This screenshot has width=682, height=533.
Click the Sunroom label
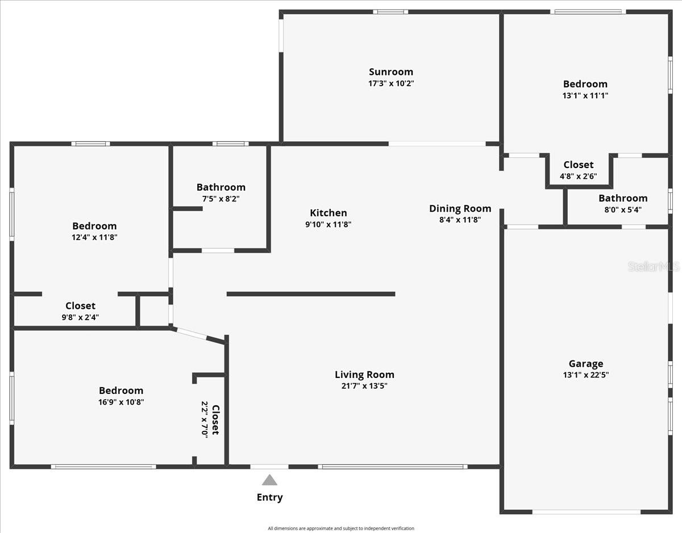(x=391, y=72)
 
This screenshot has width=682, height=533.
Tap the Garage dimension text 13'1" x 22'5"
(x=586, y=375)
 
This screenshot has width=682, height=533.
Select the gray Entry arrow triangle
(x=269, y=480)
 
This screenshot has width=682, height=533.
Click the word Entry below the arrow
(x=269, y=498)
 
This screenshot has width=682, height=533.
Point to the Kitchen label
(x=328, y=213)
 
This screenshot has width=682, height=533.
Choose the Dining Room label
(x=460, y=208)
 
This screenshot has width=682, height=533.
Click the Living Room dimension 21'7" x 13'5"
(x=364, y=386)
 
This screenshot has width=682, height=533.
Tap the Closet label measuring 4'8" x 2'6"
(x=578, y=165)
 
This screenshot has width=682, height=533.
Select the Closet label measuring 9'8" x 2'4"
(x=80, y=306)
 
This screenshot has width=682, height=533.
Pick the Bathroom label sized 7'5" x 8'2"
(x=221, y=187)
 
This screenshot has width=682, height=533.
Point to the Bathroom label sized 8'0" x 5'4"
(x=623, y=198)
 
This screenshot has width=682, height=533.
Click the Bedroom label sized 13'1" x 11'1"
(x=585, y=84)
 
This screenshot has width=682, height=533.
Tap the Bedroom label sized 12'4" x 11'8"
(x=94, y=226)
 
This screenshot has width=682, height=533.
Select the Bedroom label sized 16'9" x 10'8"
(x=121, y=391)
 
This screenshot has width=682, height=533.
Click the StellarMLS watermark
(x=654, y=266)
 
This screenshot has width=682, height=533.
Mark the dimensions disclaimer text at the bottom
(x=341, y=528)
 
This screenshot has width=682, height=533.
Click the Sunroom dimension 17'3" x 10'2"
(x=391, y=83)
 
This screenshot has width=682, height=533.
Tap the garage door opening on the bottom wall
(x=586, y=511)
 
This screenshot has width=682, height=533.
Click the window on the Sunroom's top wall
(x=390, y=11)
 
